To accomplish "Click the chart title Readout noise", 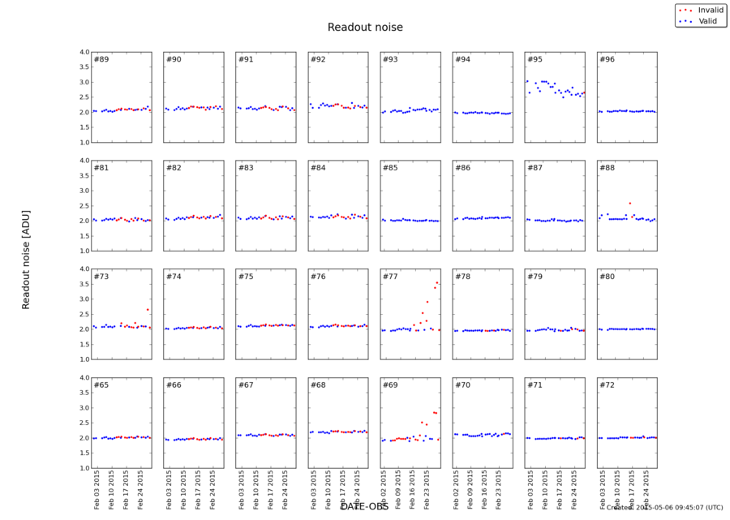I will click(365, 28).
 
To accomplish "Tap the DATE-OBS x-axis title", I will click(364, 506).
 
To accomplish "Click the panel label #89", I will click(101, 60).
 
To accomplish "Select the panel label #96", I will click(607, 60).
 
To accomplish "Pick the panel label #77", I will click(390, 277).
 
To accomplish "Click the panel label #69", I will click(390, 385).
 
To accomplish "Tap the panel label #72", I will click(607, 385).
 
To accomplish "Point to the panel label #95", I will click(535, 60).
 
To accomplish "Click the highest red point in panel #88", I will click(629, 203).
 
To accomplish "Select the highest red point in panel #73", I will click(148, 309).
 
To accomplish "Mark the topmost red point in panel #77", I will click(437, 282).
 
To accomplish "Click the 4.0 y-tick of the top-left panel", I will click(84, 53).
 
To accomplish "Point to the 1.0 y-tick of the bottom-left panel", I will click(84, 468).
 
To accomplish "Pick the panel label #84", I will click(318, 168).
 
